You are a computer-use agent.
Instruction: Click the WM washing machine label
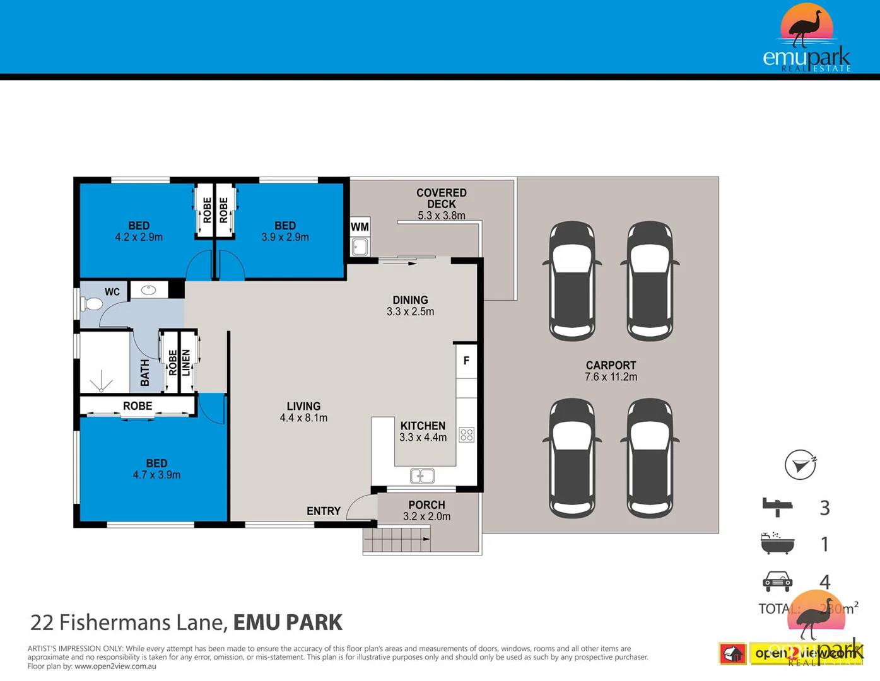360,227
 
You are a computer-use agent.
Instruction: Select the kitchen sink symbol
422,476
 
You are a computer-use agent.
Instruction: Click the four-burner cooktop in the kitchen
467,434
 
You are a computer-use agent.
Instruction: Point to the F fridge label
466,361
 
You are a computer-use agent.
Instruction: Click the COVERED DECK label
442,199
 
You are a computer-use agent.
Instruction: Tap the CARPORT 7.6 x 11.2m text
611,371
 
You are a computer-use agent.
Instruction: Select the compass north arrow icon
800,465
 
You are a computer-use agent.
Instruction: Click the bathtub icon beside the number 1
777,544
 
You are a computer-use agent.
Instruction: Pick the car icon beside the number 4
777,581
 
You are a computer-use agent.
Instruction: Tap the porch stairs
396,540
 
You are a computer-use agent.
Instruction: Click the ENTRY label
324,511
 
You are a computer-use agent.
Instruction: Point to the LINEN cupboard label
186,363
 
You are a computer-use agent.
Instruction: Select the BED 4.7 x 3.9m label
156,469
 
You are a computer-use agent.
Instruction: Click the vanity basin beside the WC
149,290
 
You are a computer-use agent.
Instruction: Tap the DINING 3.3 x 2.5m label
410,306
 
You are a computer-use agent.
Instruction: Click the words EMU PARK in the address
288,622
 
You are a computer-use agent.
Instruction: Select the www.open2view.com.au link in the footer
115,666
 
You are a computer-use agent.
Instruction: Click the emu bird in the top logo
807,28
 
